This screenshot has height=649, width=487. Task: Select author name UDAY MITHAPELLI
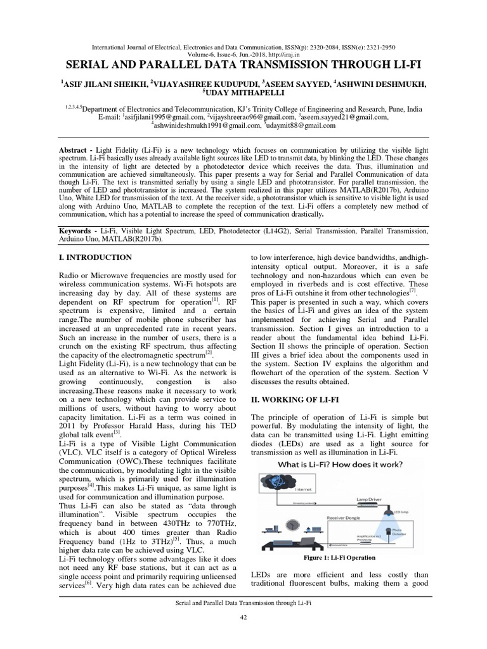[243, 93]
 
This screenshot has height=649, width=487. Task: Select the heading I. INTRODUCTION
[95, 258]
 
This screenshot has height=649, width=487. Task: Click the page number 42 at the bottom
[243, 618]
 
